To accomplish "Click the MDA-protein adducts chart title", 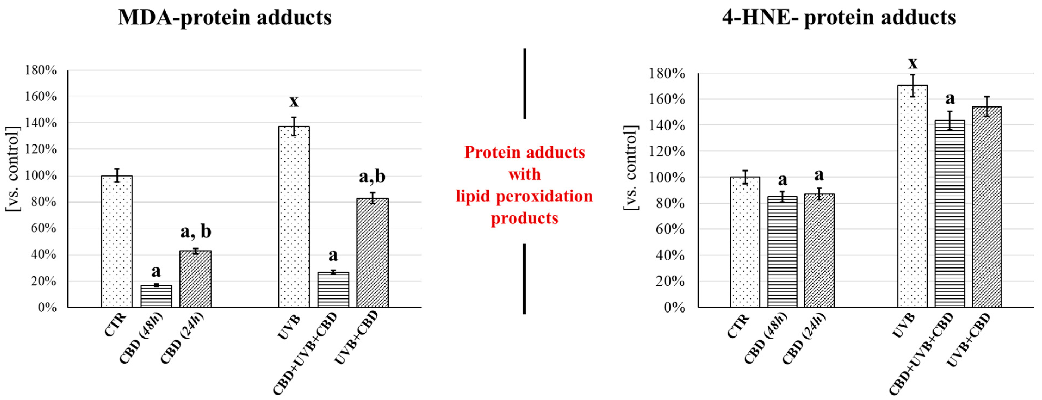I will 225,18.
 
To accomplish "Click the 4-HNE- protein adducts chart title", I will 839,18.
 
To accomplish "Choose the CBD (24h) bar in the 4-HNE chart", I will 819,250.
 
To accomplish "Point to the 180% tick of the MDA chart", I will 41,70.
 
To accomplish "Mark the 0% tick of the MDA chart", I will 47,307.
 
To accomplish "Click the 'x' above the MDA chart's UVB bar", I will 294,101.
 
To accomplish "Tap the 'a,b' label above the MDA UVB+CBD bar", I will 372,177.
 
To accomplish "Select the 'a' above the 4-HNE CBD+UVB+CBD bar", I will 950,98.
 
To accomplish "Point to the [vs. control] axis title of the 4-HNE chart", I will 630,168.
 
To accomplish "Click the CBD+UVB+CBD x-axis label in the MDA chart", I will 305,354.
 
